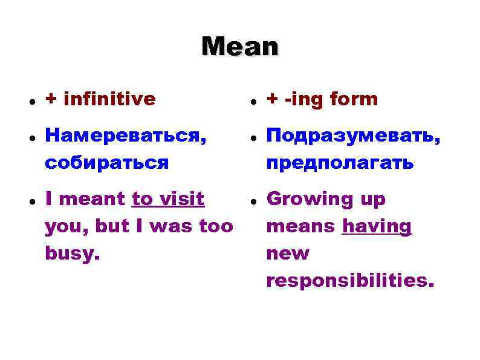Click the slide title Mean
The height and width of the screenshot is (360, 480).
click(x=240, y=46)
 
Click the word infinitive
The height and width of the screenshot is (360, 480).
click(x=109, y=99)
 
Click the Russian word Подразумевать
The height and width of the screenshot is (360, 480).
click(x=353, y=137)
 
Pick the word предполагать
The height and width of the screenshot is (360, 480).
click(x=340, y=162)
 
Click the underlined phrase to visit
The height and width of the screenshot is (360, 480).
click(x=168, y=199)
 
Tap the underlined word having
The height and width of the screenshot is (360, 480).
click(x=377, y=226)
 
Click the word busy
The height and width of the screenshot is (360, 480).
click(x=69, y=253)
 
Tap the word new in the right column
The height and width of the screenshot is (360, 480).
click(x=288, y=253)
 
